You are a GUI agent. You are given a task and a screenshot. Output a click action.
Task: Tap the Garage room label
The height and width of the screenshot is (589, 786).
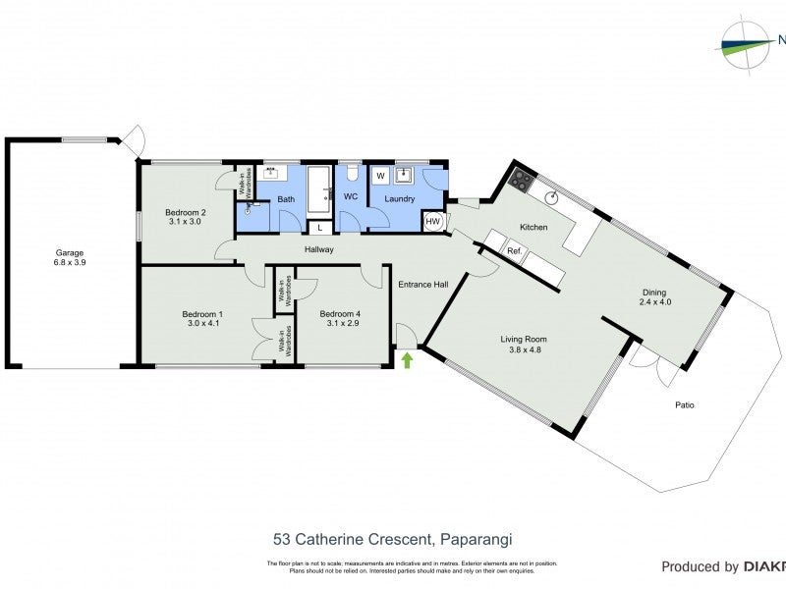(69, 252)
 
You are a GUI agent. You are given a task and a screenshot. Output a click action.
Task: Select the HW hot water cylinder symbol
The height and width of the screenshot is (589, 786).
(433, 222)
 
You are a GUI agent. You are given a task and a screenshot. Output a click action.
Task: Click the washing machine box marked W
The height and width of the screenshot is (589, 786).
(380, 177)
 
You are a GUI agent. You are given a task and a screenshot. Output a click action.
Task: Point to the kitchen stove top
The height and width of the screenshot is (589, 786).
(520, 181)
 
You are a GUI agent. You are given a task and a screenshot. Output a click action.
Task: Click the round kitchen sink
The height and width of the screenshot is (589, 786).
(553, 195)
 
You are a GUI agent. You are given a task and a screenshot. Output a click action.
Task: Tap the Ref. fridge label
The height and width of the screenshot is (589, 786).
(514, 251)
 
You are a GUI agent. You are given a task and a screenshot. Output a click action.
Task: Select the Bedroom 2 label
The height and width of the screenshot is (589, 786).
(185, 212)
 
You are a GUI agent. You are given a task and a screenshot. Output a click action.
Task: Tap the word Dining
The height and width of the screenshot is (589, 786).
(653, 292)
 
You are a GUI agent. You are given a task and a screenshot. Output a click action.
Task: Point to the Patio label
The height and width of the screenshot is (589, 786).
(685, 404)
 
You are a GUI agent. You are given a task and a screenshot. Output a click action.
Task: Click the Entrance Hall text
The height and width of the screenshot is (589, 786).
(422, 285)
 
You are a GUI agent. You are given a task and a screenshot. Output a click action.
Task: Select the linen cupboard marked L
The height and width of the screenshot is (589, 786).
(320, 228)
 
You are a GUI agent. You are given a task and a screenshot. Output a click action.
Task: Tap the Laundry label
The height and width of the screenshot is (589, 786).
(399, 198)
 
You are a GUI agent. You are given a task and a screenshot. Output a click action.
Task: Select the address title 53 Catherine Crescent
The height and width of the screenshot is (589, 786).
(393, 539)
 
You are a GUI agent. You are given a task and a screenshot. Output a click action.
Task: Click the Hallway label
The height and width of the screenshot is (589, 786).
(319, 249)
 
